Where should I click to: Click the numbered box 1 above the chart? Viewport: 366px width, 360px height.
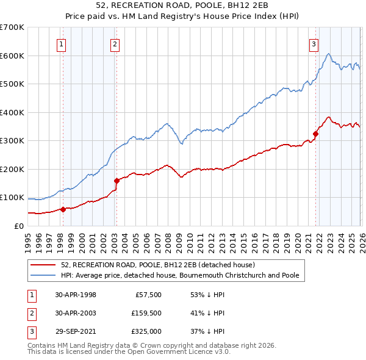click(x=62, y=43)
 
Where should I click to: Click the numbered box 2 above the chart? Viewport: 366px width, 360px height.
click(x=115, y=43)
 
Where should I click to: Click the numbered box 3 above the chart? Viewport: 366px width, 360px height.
click(x=313, y=43)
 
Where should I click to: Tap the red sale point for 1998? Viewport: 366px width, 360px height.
click(x=63, y=209)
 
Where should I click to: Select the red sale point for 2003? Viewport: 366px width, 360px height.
click(x=116, y=181)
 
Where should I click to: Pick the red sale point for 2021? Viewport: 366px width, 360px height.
click(x=315, y=134)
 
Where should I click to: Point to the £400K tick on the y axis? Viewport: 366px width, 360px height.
click(x=12, y=112)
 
